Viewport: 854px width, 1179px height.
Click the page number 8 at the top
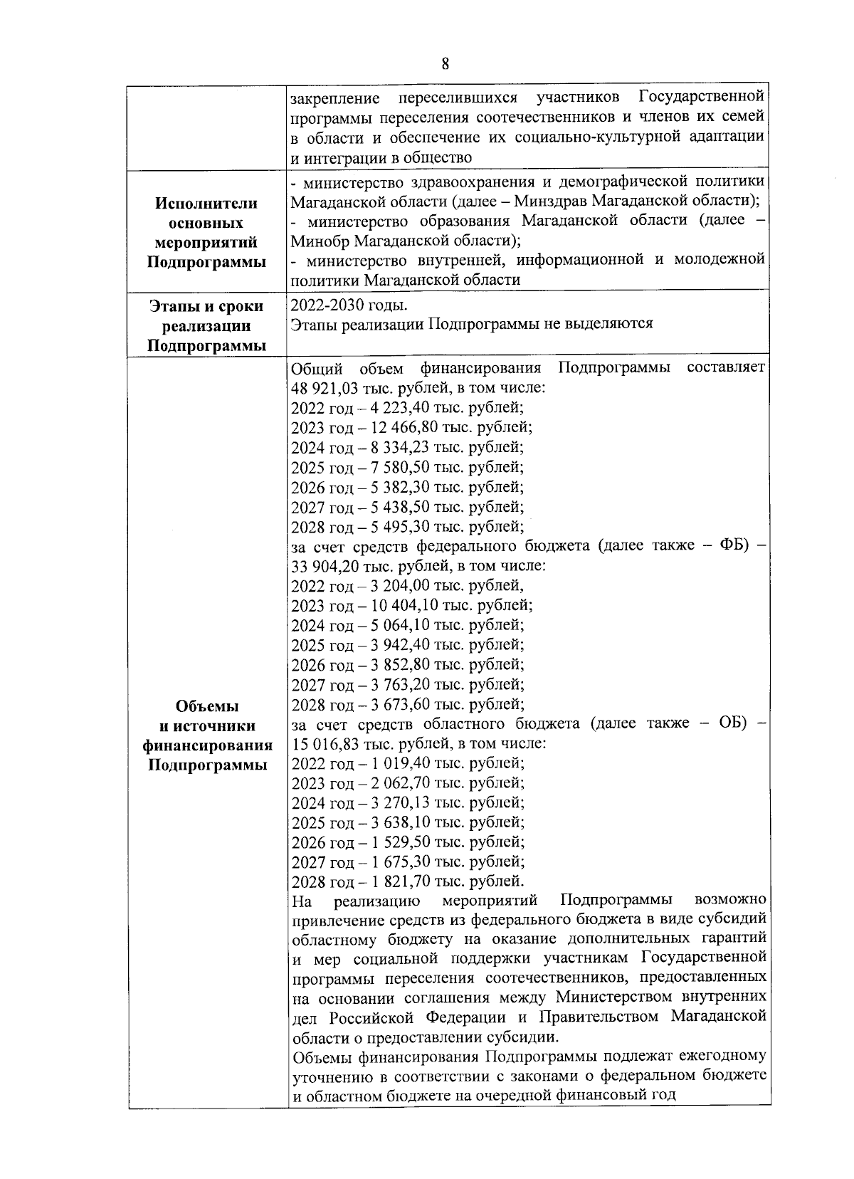click(x=445, y=65)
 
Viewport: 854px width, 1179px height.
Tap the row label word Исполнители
click(x=206, y=203)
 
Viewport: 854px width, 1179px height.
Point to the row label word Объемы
click(x=206, y=706)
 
